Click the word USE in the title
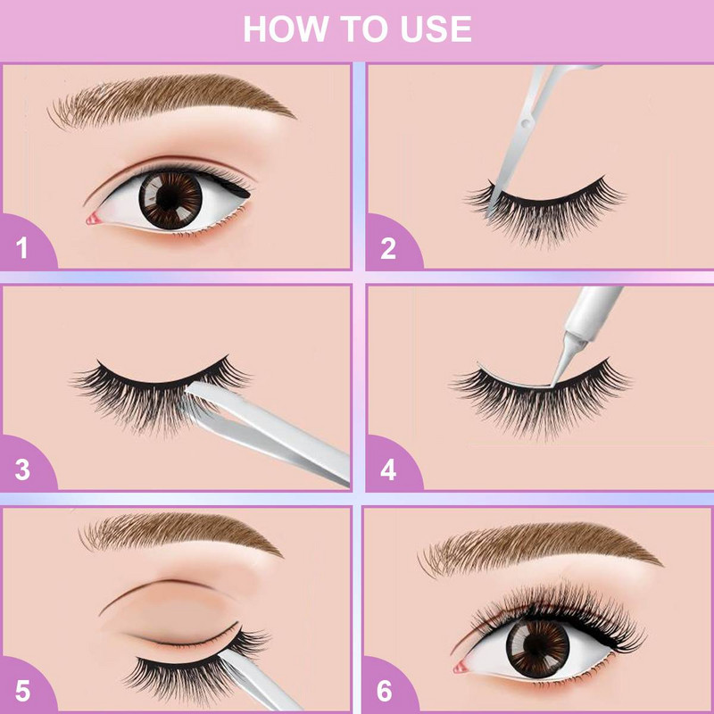[435, 29]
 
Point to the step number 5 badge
[22, 690]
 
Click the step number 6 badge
[388, 690]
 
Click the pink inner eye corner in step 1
[93, 218]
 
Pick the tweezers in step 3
[268, 428]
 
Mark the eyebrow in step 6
[535, 544]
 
